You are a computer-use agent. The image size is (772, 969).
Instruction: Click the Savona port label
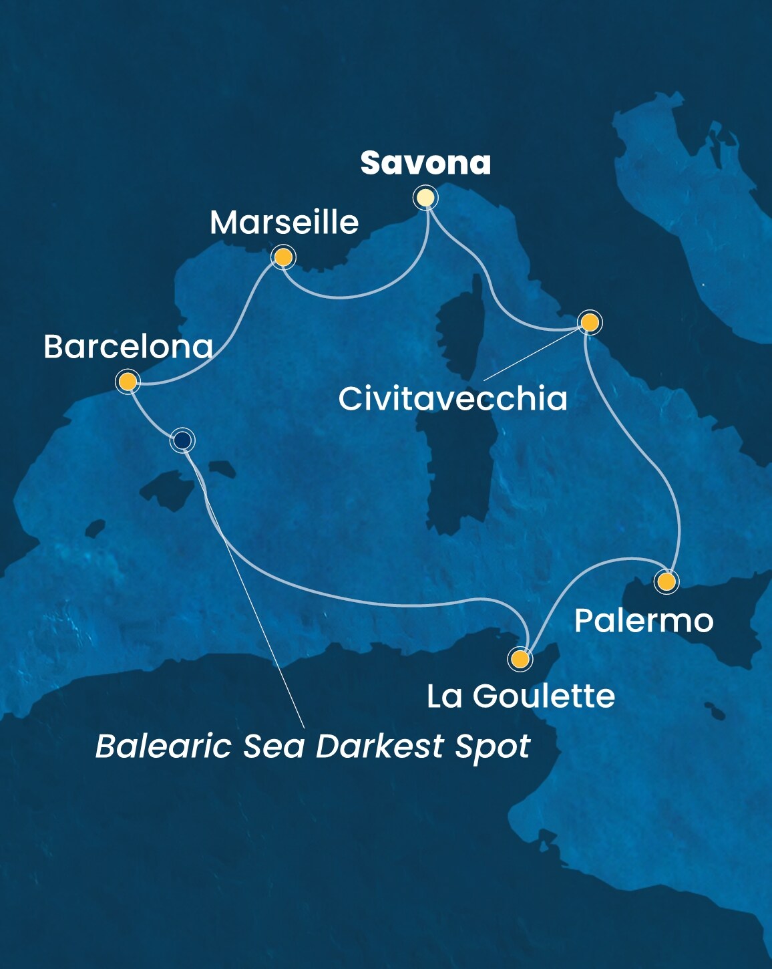pyautogui.click(x=425, y=163)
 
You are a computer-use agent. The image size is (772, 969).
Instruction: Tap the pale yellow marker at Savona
pyautogui.click(x=425, y=198)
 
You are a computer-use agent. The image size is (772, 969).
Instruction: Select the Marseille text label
pyautogui.click(x=284, y=223)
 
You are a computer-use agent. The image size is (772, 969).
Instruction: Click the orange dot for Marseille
pyautogui.click(x=283, y=257)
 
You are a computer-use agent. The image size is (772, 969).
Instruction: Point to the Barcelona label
pyautogui.click(x=128, y=347)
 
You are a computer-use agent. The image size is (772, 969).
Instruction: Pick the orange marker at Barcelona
pyautogui.click(x=127, y=382)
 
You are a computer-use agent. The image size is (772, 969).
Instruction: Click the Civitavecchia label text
pyautogui.click(x=453, y=399)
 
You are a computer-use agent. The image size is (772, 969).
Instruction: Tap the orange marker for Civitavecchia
pyautogui.click(x=590, y=323)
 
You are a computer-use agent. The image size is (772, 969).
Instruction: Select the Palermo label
pyautogui.click(x=644, y=621)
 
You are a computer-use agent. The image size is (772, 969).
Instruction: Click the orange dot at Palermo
pyautogui.click(x=666, y=581)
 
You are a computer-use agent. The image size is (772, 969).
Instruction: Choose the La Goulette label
pyautogui.click(x=521, y=696)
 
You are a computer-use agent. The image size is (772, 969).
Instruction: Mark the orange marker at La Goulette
pyautogui.click(x=520, y=660)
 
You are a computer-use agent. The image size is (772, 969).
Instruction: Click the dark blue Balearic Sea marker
pyautogui.click(x=182, y=440)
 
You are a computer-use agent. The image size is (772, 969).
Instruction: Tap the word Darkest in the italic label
pyautogui.click(x=380, y=746)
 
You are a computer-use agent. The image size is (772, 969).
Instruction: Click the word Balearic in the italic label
pyautogui.click(x=163, y=746)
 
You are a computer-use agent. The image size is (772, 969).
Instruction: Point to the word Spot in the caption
pyautogui.click(x=492, y=747)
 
